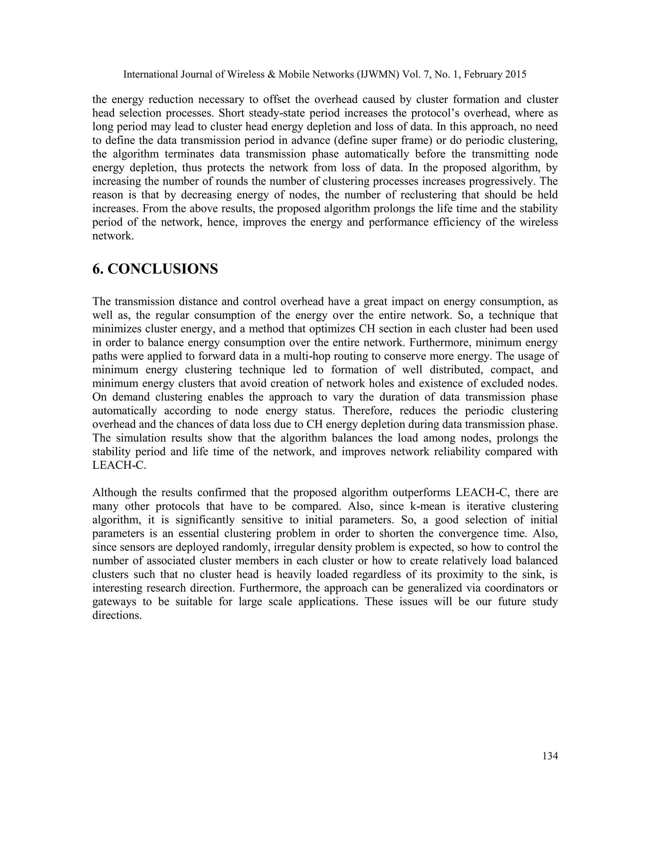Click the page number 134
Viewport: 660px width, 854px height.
coord(550,757)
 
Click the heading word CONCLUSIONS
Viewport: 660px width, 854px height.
coord(162,269)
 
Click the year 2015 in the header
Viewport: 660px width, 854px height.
coord(515,74)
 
